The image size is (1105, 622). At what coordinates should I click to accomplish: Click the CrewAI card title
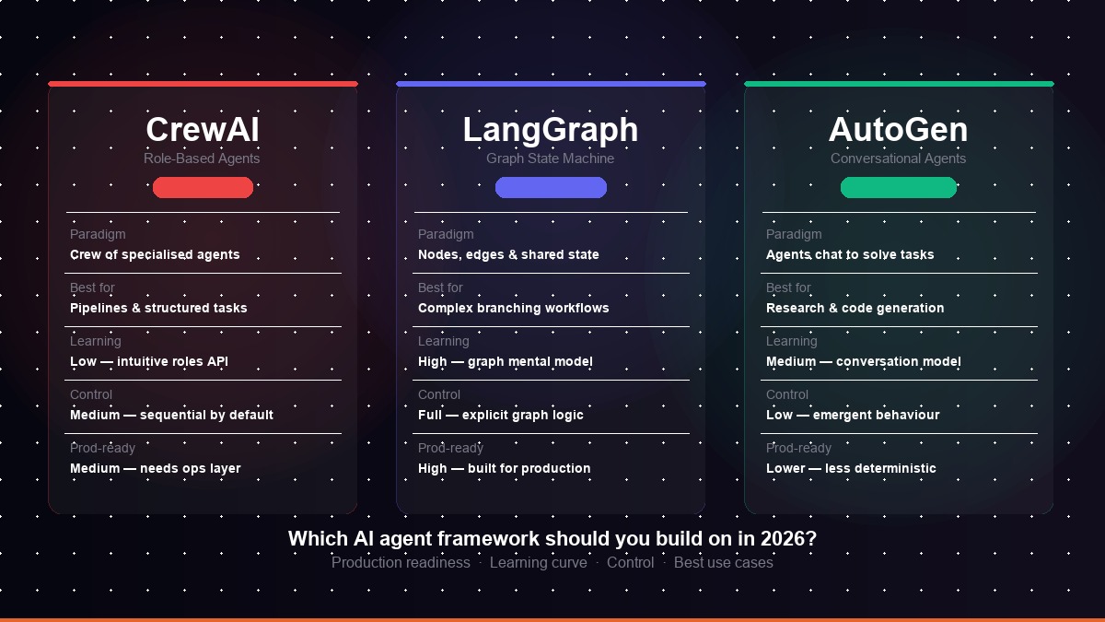[x=203, y=130]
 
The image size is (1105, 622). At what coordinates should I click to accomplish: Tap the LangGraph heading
[x=551, y=131]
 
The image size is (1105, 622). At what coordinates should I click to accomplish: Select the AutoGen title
[x=899, y=130]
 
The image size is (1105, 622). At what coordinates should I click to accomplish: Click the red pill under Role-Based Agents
[x=203, y=188]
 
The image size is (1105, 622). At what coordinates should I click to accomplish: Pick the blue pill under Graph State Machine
[x=551, y=188]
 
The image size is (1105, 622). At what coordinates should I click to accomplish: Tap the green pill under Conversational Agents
[x=899, y=188]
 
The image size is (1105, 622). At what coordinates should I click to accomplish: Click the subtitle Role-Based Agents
[x=202, y=158]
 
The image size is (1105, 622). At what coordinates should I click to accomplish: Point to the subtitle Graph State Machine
[x=550, y=158]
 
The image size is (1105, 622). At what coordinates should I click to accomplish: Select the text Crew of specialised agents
[x=155, y=254]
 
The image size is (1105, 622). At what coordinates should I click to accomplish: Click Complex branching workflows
[x=514, y=308]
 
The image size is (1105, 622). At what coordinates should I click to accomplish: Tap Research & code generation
[x=855, y=308]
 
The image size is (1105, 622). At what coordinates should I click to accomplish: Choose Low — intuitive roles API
[x=149, y=361]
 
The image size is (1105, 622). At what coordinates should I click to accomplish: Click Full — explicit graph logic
[x=501, y=415]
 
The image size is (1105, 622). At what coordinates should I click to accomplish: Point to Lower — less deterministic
[x=851, y=468]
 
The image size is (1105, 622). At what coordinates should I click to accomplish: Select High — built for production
[x=505, y=468]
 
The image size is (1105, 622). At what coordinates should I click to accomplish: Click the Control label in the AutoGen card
[x=787, y=394]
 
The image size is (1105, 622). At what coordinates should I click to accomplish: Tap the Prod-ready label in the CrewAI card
[x=102, y=448]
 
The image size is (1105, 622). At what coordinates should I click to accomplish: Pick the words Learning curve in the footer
[x=538, y=563]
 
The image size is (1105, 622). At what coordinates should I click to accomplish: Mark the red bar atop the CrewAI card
[x=204, y=84]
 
